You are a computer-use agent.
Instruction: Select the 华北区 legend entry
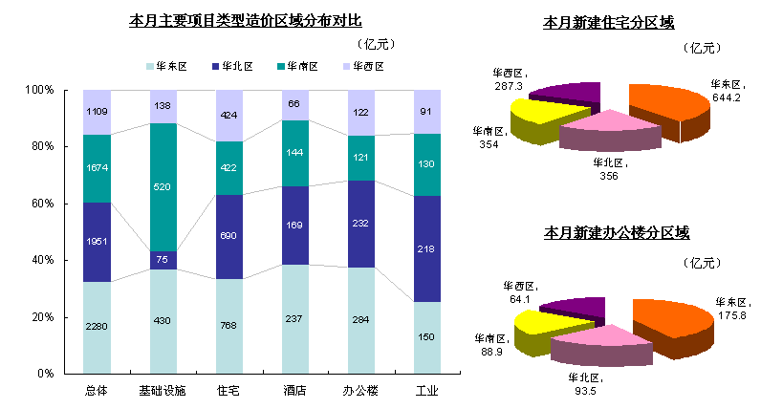(229, 67)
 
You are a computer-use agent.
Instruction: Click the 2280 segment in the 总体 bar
(97, 327)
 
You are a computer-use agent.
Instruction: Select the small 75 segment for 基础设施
(163, 260)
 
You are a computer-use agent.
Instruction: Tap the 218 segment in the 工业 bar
(426, 248)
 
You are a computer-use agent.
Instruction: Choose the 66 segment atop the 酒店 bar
(294, 104)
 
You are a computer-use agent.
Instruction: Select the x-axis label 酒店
(294, 391)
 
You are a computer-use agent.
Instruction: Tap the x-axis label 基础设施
(163, 391)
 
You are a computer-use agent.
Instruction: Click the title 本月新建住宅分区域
(609, 21)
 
